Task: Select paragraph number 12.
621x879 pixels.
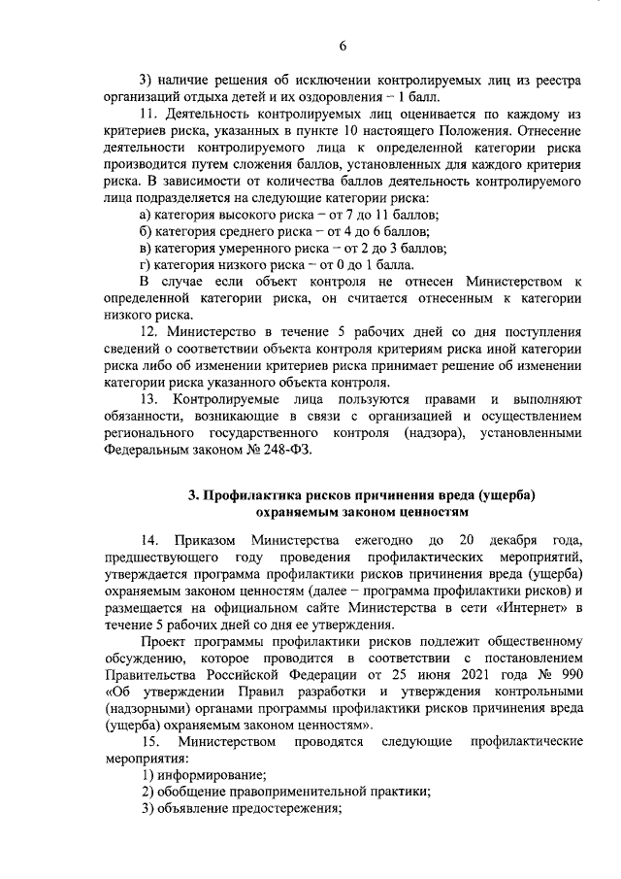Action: tap(150, 332)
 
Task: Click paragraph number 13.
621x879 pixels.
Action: tap(150, 399)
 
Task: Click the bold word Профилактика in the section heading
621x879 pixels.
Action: tap(250, 494)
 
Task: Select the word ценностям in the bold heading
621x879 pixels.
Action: tap(434, 511)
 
